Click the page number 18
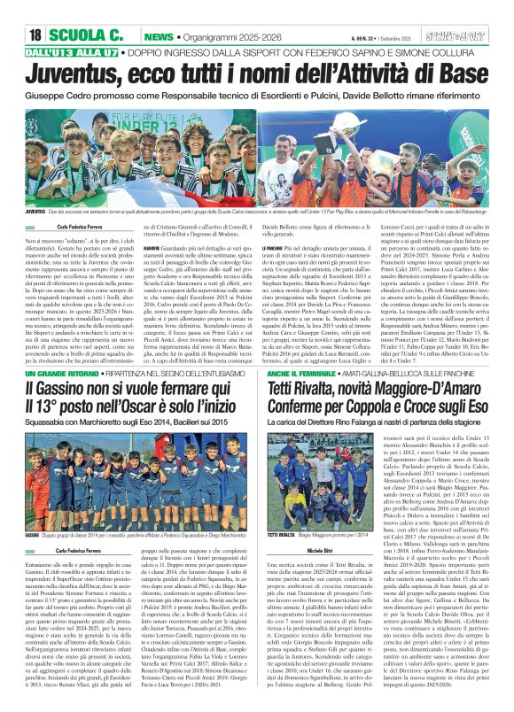tap(35, 34)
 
